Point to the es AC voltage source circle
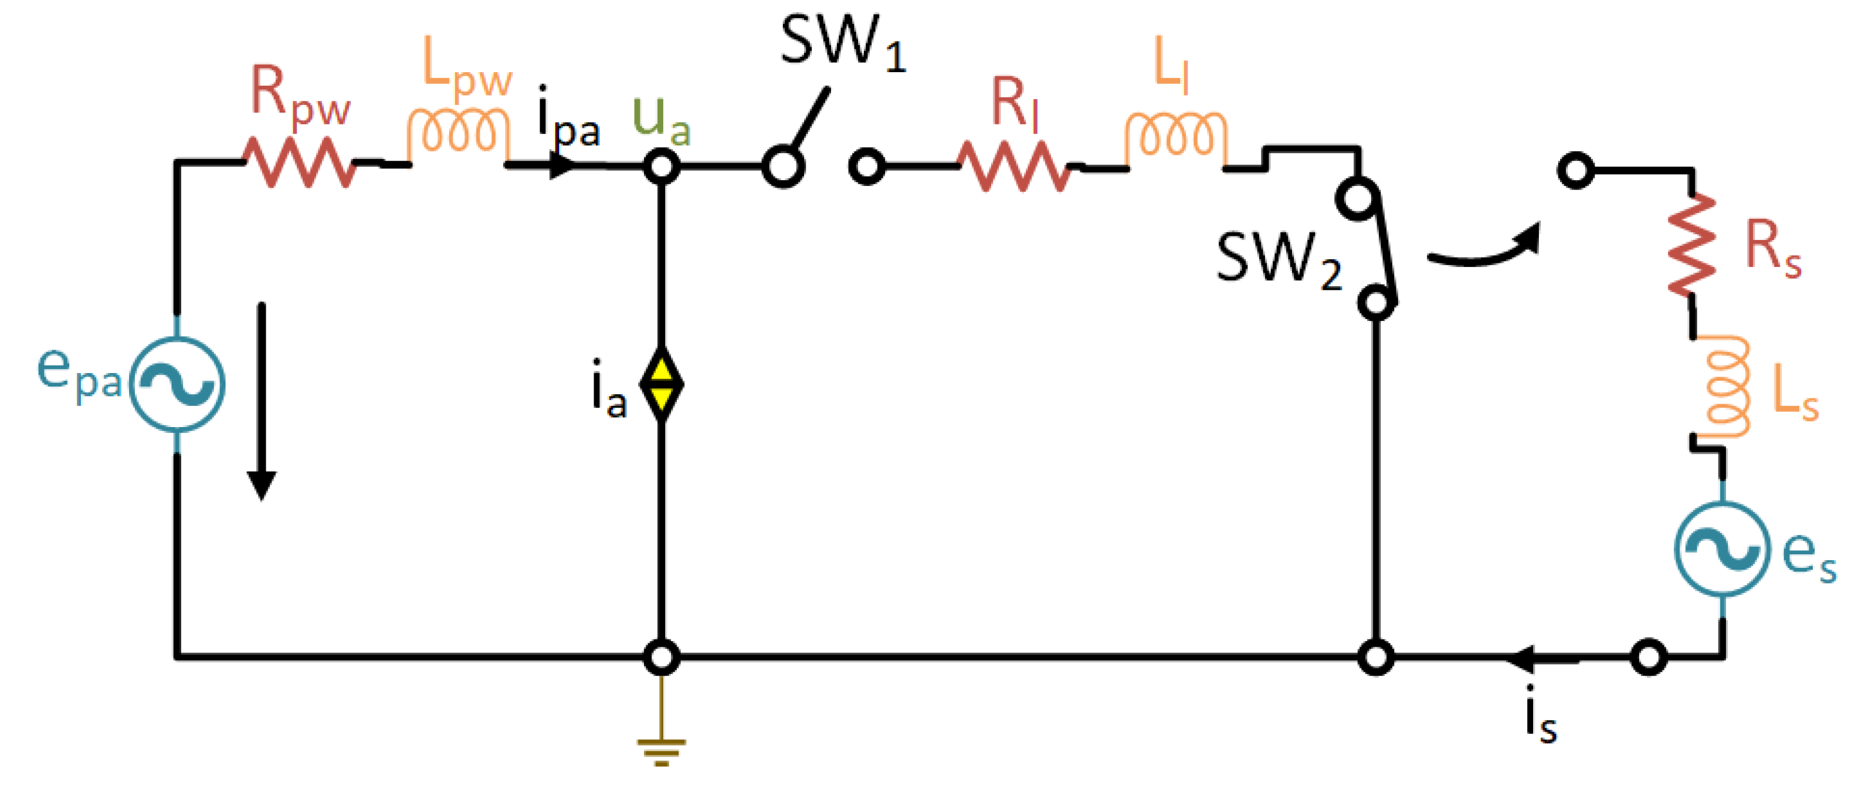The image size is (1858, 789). (1723, 549)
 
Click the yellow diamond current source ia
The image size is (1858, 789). (662, 384)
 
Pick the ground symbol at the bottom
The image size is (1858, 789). (662, 750)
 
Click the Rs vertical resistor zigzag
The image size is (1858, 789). (1692, 245)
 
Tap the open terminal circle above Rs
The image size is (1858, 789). (1576, 171)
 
